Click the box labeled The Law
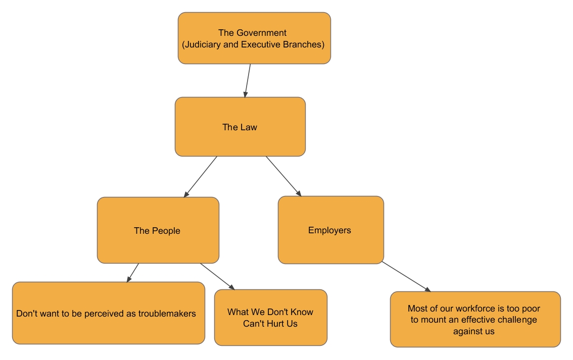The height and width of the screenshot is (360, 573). click(240, 127)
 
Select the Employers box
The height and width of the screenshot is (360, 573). click(330, 230)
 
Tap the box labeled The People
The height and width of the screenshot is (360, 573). click(157, 231)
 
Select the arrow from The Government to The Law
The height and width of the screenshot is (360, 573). click(248, 80)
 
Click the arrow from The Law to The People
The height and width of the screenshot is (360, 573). click(201, 176)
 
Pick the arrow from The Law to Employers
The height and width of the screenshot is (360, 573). click(283, 176)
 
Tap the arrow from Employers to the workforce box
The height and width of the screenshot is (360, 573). click(406, 276)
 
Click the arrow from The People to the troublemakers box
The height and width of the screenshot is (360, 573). click(132, 273)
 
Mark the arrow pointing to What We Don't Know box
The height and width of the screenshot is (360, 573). click(218, 276)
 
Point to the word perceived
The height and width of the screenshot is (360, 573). click(102, 314)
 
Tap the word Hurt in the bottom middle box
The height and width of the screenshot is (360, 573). click(275, 324)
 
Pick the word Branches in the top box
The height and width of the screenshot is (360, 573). click(303, 44)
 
